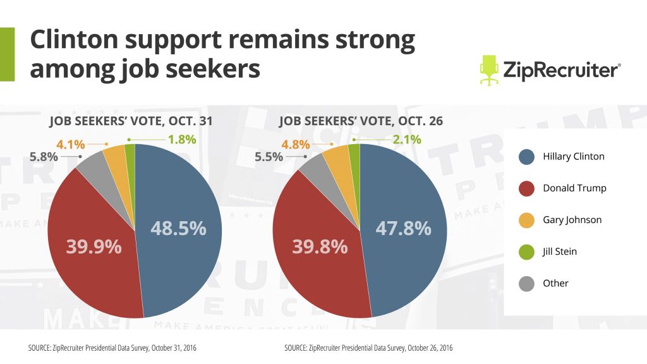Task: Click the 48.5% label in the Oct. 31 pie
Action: coord(178,228)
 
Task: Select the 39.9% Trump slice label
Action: coord(94,247)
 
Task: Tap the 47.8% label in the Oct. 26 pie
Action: coord(403,228)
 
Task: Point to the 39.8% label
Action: coord(319,247)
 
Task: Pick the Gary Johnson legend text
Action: coord(572,220)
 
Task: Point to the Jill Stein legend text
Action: coord(560,252)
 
